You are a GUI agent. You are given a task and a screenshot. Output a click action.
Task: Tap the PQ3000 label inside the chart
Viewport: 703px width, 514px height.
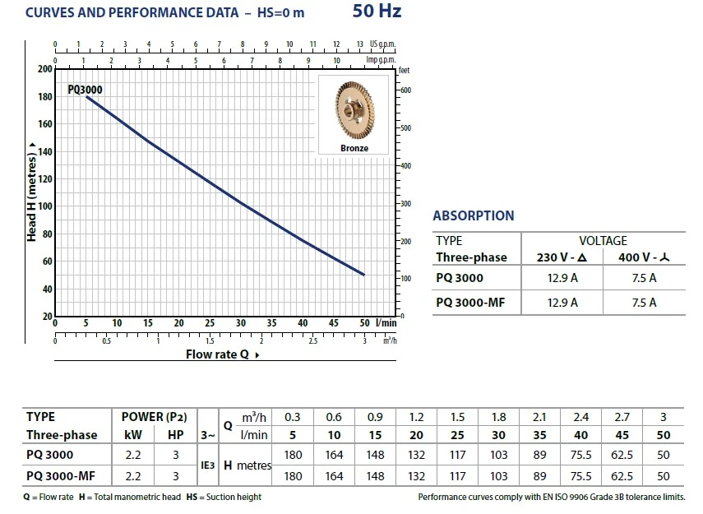point(86,91)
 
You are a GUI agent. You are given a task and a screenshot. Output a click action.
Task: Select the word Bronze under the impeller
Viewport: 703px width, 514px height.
point(354,149)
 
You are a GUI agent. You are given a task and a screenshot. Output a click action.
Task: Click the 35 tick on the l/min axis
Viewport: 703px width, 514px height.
point(271,323)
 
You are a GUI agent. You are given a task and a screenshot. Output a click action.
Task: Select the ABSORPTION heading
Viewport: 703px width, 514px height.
point(473,216)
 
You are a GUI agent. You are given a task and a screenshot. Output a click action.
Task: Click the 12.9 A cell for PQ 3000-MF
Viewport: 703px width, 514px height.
point(562,303)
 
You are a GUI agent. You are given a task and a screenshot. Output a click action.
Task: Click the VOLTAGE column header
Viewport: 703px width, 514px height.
point(603,241)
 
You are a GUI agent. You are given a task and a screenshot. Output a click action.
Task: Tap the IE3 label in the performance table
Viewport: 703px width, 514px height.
point(207,465)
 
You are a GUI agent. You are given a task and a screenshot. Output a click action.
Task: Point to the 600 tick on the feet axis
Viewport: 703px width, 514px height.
point(405,90)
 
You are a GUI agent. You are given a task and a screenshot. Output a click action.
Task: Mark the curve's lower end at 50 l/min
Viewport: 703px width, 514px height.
point(364,275)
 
